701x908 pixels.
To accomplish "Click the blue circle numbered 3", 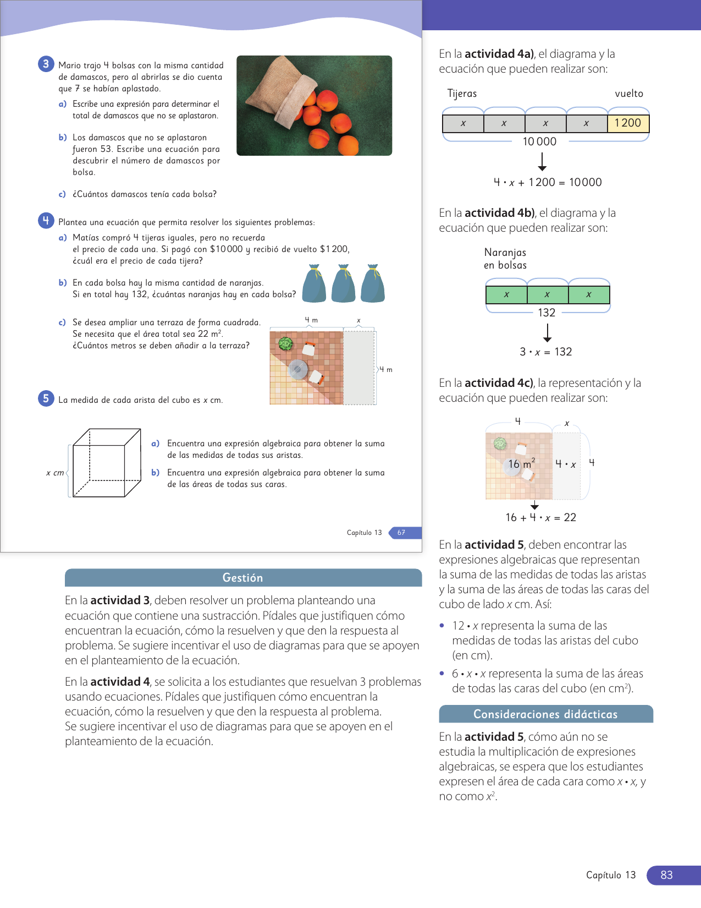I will [x=46, y=64].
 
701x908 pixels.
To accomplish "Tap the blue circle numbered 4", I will [x=46, y=221].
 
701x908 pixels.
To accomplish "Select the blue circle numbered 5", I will [x=46, y=398].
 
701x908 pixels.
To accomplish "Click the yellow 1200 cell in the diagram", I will [x=628, y=123].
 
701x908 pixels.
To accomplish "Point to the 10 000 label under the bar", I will [x=539, y=142].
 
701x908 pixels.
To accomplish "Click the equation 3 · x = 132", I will [x=545, y=352].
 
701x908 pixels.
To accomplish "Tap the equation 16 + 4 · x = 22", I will [x=540, y=518].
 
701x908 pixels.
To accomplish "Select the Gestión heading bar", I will [x=243, y=578].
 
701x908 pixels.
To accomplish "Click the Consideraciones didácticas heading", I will [x=545, y=714].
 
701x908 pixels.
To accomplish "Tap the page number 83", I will [x=666, y=875].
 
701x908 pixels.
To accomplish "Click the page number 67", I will [x=401, y=533].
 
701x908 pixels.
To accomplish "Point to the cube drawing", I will [x=106, y=463].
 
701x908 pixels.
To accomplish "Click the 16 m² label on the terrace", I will [x=521, y=464].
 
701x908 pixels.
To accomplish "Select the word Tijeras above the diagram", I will [x=462, y=94].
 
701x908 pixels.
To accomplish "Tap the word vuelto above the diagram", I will [x=629, y=94].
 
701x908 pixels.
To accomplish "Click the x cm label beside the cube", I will [x=55, y=473].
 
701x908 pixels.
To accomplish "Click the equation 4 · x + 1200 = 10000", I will [x=548, y=183].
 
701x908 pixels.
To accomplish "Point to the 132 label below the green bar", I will [x=547, y=313].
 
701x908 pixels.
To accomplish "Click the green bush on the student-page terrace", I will [x=285, y=344].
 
